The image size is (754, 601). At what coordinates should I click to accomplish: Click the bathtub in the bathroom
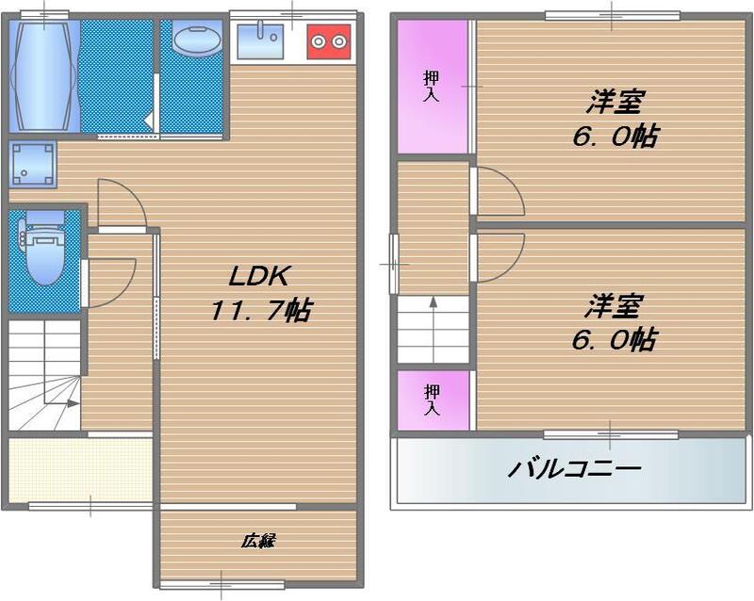pyautogui.click(x=42, y=75)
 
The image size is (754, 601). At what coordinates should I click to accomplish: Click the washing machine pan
pyautogui.click(x=29, y=163)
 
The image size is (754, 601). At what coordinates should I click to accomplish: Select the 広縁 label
pyautogui.click(x=256, y=542)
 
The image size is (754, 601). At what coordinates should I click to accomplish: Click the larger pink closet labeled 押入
pyautogui.click(x=433, y=87)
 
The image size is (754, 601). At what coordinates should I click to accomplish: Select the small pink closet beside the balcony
pyautogui.click(x=432, y=399)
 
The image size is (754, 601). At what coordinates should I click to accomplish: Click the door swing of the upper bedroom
pyautogui.click(x=498, y=192)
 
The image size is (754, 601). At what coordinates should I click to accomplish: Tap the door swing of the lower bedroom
pyautogui.click(x=498, y=254)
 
